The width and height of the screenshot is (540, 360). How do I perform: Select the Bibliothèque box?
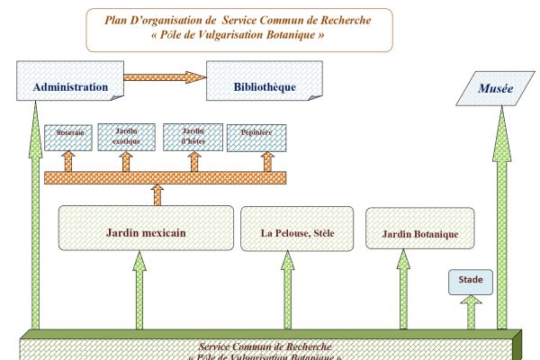[264, 87]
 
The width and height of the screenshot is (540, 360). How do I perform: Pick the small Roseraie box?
[69, 135]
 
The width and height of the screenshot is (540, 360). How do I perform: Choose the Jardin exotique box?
[125, 136]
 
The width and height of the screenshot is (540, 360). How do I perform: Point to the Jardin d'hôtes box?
[193, 136]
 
